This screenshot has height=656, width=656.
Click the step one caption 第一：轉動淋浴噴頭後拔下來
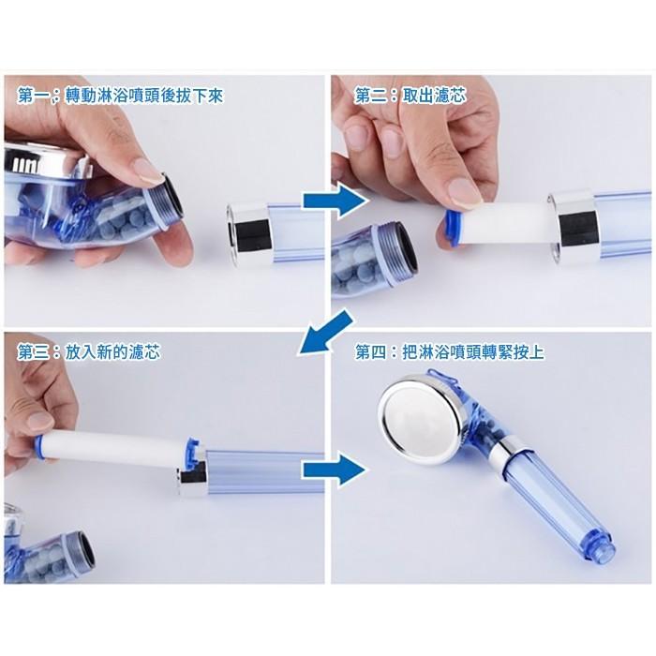(120, 97)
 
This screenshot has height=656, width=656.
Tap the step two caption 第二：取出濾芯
(410, 96)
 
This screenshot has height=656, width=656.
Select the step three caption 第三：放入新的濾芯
(88, 351)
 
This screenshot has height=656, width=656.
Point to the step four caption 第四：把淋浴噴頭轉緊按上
(449, 351)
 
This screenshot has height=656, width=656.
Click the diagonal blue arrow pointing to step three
(324, 332)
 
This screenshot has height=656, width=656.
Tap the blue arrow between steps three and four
(334, 470)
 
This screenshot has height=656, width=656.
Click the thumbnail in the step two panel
(465, 192)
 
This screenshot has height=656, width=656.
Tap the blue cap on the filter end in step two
(450, 228)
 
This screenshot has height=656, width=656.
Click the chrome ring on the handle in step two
(574, 227)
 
